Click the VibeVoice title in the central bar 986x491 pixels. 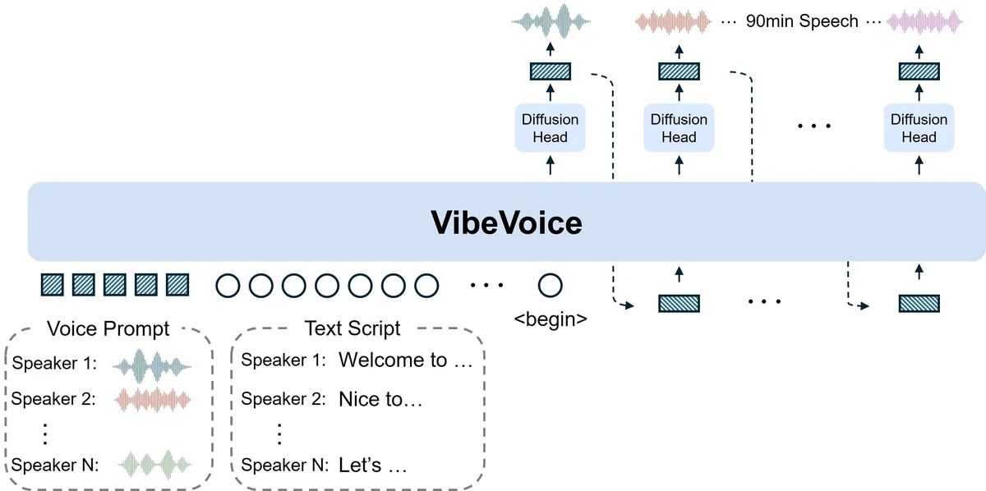coord(506,223)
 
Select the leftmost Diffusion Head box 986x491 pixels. coord(550,128)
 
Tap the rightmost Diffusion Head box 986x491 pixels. coord(919,128)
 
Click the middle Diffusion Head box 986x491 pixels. coord(679,128)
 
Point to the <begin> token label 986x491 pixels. coord(550,319)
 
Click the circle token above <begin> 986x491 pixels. coord(550,286)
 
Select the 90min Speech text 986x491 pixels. coord(801,21)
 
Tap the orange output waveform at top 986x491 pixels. coord(674,21)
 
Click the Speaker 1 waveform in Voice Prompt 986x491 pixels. coord(151,363)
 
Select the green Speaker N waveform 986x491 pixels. coord(155,466)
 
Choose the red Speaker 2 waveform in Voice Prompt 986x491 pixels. coord(151,400)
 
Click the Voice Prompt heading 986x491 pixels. coord(108,329)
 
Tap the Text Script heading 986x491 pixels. coord(352,328)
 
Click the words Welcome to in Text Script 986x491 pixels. coord(393,360)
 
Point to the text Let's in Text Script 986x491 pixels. coord(360,466)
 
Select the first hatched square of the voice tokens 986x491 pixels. coord(53,286)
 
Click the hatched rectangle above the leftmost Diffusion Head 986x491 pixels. coord(550,71)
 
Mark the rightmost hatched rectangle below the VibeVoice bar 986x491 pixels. coord(919,304)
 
